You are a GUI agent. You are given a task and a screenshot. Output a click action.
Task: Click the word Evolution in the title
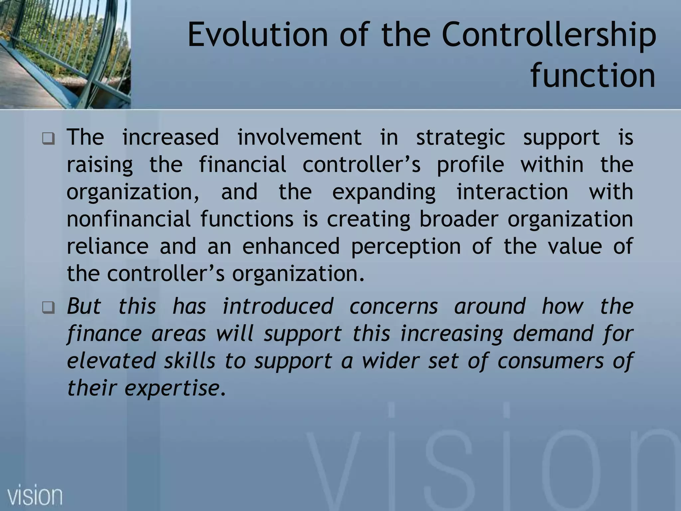(258, 34)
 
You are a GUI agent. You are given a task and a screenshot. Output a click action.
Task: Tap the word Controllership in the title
(549, 34)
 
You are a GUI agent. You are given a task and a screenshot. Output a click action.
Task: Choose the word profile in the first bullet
(470, 165)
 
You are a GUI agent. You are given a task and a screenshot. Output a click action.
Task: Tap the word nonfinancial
(128, 219)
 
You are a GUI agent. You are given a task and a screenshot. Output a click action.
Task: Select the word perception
(406, 247)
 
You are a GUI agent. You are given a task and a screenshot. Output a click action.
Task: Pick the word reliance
(107, 247)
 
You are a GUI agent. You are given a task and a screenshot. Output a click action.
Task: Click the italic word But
(84, 306)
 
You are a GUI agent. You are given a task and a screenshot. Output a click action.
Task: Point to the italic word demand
(553, 334)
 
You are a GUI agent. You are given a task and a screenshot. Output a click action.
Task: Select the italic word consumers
(550, 361)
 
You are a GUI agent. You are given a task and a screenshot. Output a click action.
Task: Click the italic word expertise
(172, 388)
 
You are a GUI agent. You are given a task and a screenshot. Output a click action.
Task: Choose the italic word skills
(190, 361)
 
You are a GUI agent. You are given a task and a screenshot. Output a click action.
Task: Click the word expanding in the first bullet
(384, 192)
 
